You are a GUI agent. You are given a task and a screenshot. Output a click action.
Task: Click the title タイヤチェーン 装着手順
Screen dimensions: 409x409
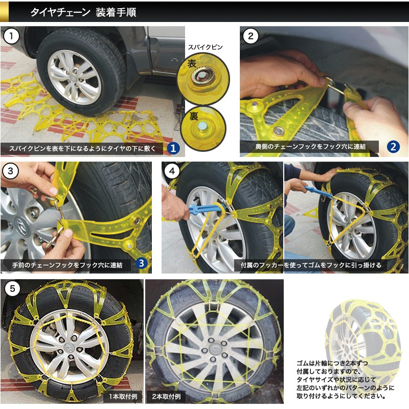[x=83, y=12]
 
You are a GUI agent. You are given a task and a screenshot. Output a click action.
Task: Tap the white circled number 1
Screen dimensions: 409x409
[x=11, y=36]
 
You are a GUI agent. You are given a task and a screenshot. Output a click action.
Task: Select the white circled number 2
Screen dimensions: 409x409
[x=251, y=36]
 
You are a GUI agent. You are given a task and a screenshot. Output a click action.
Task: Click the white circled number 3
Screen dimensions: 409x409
[x=10, y=171]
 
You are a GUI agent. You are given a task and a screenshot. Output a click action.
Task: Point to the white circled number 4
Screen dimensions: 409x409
[x=172, y=171]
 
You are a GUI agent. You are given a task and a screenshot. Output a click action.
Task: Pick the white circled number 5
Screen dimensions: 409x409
[x=12, y=289]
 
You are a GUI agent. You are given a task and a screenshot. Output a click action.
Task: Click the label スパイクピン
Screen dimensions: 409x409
[x=206, y=47]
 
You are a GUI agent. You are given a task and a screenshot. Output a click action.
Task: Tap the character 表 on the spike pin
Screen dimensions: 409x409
[x=192, y=63]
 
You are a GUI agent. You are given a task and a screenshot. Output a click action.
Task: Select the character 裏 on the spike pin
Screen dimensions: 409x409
[x=194, y=116]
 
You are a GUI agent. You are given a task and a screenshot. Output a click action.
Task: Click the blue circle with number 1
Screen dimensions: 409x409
[x=173, y=148]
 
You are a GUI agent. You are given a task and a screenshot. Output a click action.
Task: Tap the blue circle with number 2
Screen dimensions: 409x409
[x=393, y=147]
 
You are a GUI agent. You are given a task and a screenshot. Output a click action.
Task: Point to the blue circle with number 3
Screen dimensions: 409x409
[x=142, y=263]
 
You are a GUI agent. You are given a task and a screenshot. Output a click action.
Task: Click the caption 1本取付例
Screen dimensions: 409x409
[x=123, y=397]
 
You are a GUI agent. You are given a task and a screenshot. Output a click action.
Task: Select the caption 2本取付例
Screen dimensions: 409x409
[x=167, y=397]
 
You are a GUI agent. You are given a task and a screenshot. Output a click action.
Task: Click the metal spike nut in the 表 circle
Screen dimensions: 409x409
[x=201, y=76]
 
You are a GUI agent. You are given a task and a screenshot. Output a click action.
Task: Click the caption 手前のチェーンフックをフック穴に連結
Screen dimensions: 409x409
[x=67, y=265]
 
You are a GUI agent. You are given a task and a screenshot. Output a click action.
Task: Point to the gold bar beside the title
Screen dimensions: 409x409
[x=4, y=11]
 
